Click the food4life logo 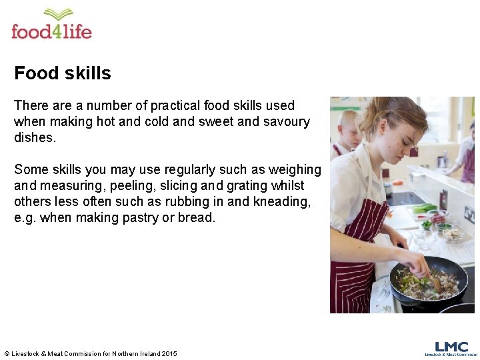click(x=51, y=25)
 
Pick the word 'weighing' click(x=294, y=169)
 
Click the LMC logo click(x=451, y=347)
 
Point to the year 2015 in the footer click(x=169, y=353)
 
